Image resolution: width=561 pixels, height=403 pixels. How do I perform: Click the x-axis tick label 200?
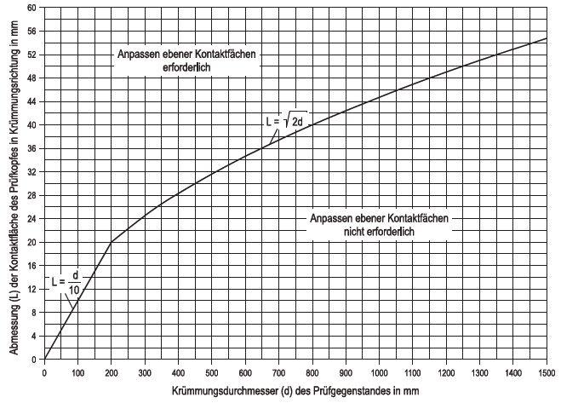tap(112, 371)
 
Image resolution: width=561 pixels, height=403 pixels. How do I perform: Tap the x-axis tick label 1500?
tap(546, 371)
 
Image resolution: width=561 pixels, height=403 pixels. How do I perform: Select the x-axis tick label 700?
tap(278, 371)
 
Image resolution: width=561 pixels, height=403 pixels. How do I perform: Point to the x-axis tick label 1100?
tap(412, 371)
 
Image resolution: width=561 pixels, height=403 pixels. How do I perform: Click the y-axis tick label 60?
tap(32, 8)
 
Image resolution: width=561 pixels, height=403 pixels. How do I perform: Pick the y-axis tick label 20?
tap(32, 242)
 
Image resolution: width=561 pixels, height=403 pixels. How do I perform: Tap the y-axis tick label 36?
tap(32, 148)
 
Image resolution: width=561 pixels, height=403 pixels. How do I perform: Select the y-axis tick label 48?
tap(32, 78)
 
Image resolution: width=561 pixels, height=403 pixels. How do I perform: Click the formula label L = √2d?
tap(286, 122)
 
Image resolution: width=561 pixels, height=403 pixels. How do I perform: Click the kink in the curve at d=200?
tap(112, 242)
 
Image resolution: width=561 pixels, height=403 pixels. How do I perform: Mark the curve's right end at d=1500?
tap(546, 38)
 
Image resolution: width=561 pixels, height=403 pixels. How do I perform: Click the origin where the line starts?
tap(45, 359)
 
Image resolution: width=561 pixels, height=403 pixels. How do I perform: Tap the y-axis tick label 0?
tap(35, 359)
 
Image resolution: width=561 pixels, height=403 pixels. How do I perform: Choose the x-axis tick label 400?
tap(179, 371)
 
